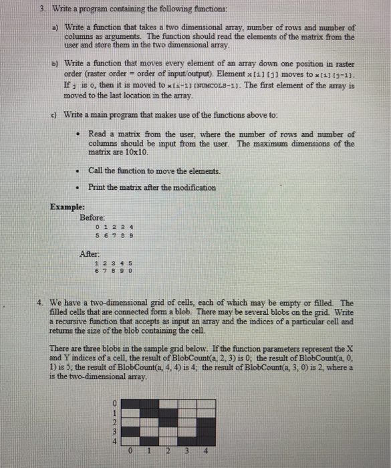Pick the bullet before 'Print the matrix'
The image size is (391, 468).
79,187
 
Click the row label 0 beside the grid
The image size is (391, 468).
114,403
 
